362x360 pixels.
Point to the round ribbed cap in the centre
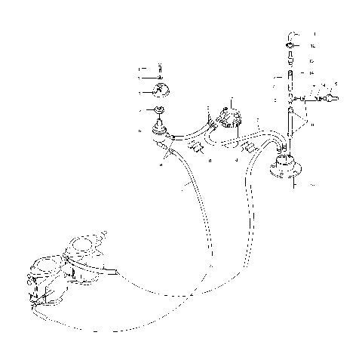(x=228, y=117)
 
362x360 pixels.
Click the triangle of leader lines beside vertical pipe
(x=304, y=117)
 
